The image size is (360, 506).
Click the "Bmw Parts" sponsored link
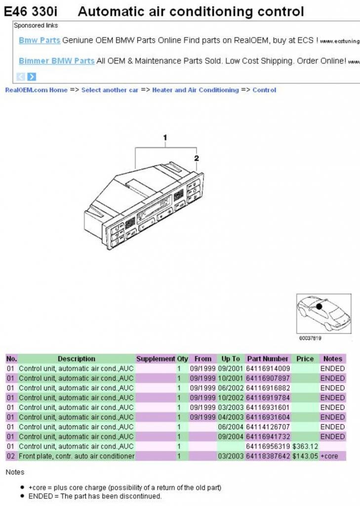click(x=40, y=41)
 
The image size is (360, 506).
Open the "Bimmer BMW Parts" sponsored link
click(x=56, y=61)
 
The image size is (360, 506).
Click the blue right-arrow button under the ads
click(x=32, y=77)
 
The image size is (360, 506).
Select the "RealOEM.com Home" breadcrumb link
click(x=36, y=90)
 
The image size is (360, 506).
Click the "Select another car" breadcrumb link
click(x=110, y=90)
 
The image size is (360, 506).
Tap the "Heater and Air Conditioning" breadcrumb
click(x=195, y=90)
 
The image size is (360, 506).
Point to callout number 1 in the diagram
click(x=165, y=137)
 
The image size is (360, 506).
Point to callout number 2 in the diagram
click(x=197, y=159)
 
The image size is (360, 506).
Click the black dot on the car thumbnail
click(x=319, y=306)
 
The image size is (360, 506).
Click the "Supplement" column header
click(x=156, y=359)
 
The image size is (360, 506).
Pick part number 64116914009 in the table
click(x=268, y=369)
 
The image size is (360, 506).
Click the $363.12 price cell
click(x=305, y=446)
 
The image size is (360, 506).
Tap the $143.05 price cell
click(x=305, y=456)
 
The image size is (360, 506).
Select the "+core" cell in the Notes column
click(x=329, y=456)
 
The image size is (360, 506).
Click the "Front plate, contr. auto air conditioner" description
click(x=77, y=456)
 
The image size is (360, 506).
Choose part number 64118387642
click(x=268, y=456)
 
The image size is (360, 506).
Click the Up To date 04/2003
click(x=230, y=417)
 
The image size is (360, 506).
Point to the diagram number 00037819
click(x=310, y=338)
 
